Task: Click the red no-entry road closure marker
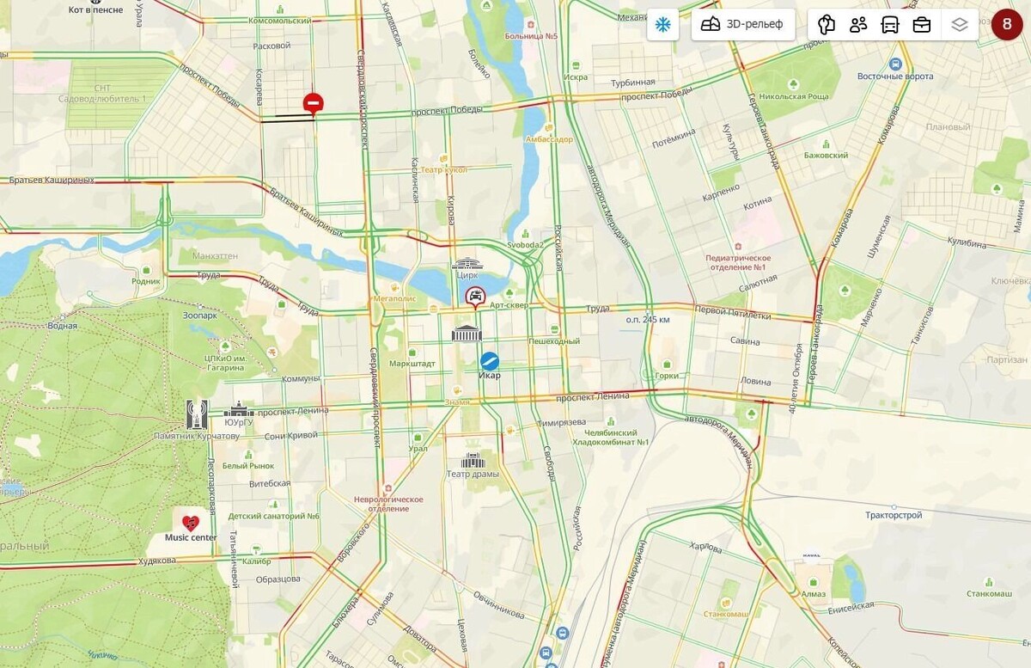(313, 104)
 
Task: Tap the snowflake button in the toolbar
(662, 24)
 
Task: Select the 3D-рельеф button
(743, 24)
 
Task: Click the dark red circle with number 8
(1007, 24)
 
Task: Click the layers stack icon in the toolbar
(960, 24)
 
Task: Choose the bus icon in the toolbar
(890, 24)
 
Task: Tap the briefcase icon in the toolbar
(921, 24)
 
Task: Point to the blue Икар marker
(490, 361)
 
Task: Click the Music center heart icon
(191, 522)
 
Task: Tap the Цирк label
(467, 275)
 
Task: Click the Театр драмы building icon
(473, 461)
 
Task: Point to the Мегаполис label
(393, 298)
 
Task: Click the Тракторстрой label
(894, 515)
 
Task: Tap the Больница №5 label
(532, 36)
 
